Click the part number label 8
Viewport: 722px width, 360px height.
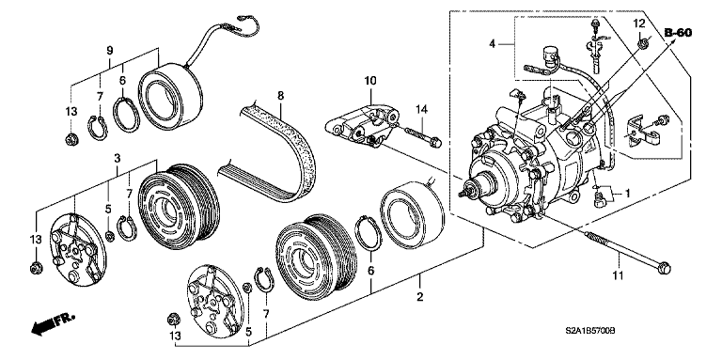point(280,95)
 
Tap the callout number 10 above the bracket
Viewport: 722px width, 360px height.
point(370,81)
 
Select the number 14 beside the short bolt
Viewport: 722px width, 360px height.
point(423,111)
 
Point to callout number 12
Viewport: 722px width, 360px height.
point(636,23)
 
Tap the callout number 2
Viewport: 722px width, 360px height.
point(420,297)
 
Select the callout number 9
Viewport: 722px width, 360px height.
point(109,50)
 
